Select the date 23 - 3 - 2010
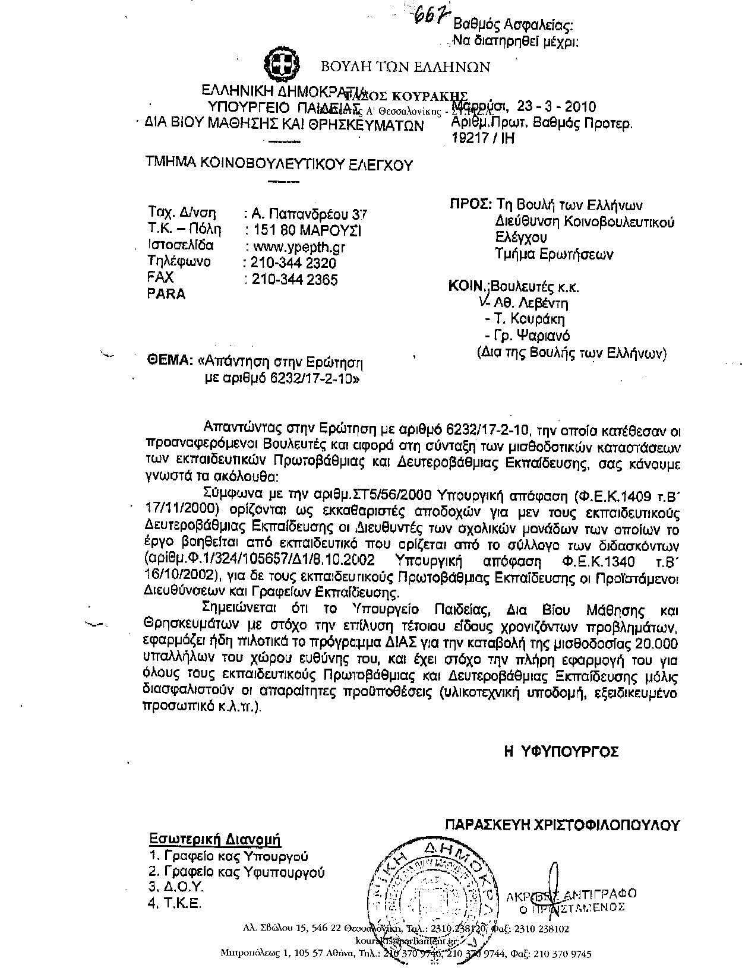(x=556, y=107)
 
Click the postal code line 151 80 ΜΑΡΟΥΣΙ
(x=307, y=230)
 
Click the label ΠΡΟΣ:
(x=470, y=205)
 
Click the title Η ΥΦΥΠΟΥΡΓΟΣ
(x=561, y=752)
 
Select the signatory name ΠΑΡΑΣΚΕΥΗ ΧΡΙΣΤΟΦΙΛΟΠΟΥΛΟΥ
(x=561, y=825)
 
